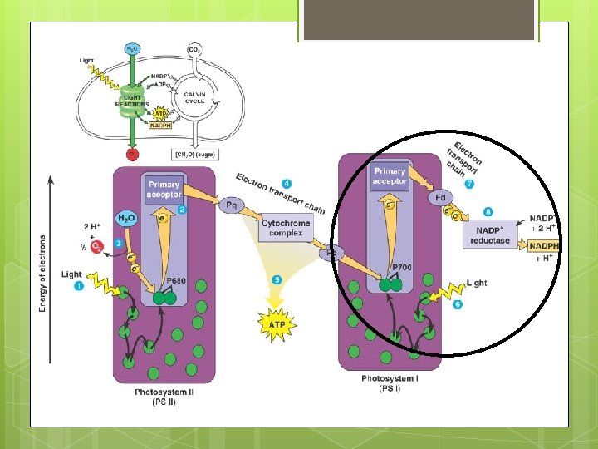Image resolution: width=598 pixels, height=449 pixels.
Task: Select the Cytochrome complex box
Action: click(286, 228)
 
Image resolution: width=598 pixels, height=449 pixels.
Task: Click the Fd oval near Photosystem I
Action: click(441, 198)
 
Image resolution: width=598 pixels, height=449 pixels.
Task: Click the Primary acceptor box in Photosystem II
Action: click(164, 189)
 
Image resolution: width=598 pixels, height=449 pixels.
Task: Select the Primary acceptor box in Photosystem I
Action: click(390, 176)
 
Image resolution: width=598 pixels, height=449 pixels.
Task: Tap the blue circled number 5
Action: click(277, 279)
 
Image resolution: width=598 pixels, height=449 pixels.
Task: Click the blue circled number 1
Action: click(80, 286)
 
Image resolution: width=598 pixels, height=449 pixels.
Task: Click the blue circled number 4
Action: click(287, 182)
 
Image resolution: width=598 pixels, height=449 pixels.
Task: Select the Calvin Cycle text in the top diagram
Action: click(200, 97)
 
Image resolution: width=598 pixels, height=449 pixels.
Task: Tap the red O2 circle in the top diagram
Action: click(131, 154)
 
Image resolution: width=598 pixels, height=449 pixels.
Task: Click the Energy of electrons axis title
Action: click(42, 262)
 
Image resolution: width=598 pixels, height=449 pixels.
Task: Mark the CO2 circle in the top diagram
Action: click(194, 50)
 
